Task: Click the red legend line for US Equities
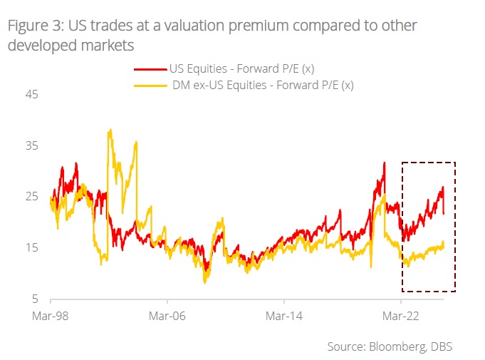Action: [x=150, y=69]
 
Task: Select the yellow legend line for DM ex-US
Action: [x=150, y=86]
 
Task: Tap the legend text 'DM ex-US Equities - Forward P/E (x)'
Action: [x=263, y=86]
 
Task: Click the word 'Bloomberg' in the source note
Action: [x=395, y=346]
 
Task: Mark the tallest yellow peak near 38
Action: [x=110, y=130]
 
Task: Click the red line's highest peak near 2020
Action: [x=384, y=163]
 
